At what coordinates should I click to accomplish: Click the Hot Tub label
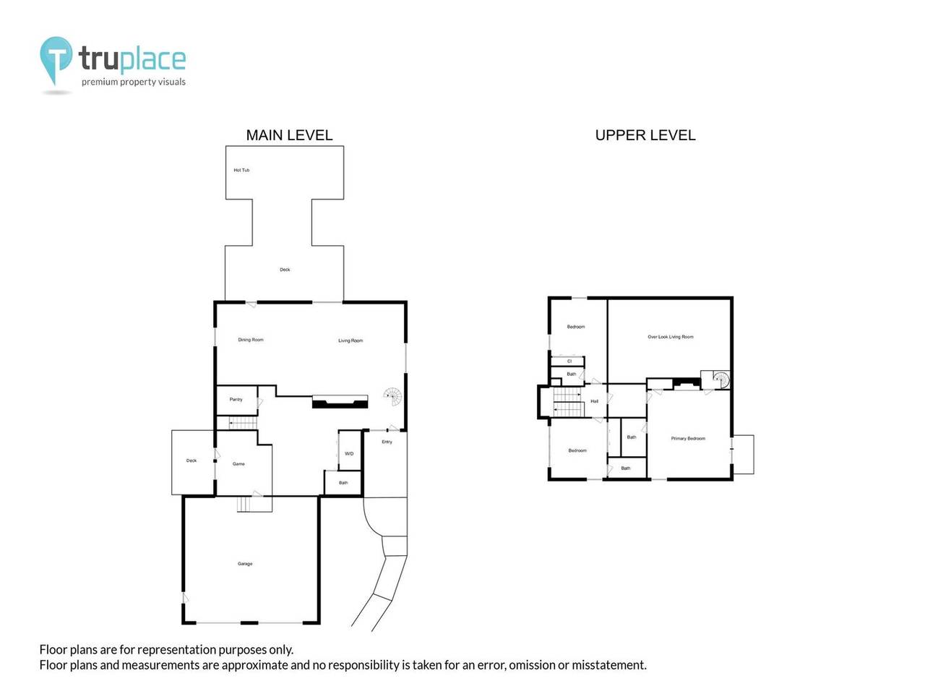pos(241,171)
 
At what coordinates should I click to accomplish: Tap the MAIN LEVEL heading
pos(289,135)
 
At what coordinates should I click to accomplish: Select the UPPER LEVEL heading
pos(645,135)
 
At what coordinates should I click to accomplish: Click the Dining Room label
pos(251,340)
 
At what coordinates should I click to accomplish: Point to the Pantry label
pos(236,400)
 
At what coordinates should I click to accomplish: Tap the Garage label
pos(245,564)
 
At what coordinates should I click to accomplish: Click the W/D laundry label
pos(349,454)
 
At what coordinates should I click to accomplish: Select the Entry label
pos(387,442)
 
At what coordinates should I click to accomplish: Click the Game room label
pos(238,464)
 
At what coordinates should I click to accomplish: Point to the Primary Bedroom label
pos(688,439)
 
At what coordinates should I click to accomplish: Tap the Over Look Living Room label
pos(670,337)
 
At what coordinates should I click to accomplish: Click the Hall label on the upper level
pos(595,401)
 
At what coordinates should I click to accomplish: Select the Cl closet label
pos(569,361)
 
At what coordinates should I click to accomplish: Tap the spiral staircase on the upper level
pos(720,379)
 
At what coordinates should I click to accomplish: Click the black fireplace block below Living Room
pos(340,402)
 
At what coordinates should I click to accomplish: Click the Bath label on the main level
pos(343,483)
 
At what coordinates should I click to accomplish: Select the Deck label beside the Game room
pos(192,460)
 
